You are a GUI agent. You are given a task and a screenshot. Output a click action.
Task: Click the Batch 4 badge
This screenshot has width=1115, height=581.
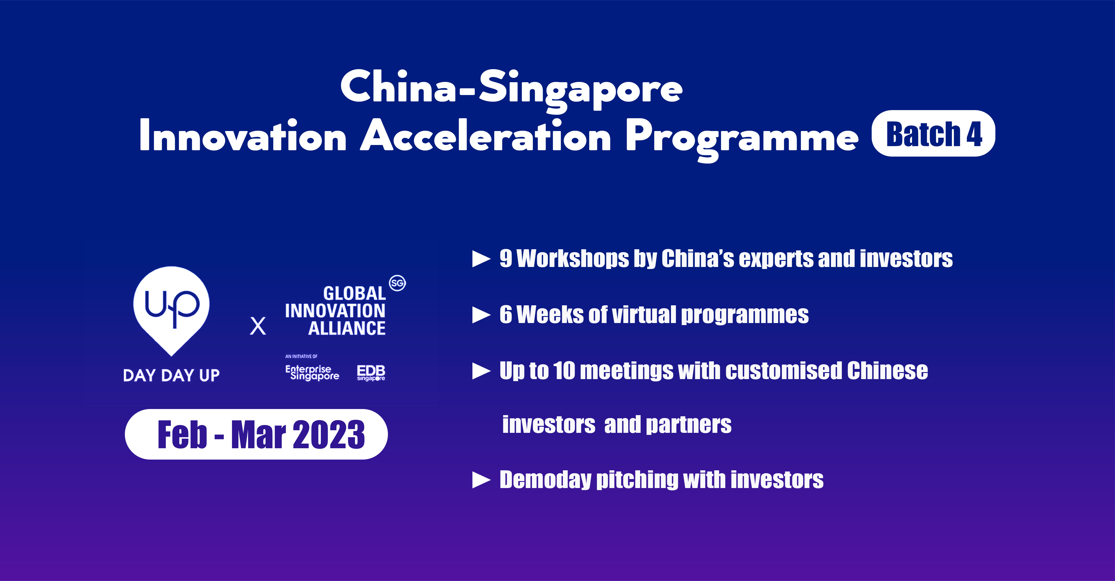(x=933, y=133)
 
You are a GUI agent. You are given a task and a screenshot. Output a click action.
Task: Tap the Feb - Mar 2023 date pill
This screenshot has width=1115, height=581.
(x=256, y=434)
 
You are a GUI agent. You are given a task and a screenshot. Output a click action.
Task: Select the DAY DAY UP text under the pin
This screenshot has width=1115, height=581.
(x=171, y=375)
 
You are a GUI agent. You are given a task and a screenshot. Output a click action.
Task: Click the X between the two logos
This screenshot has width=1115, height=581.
(x=258, y=326)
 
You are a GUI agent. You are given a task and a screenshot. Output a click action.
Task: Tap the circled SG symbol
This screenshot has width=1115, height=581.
(x=397, y=283)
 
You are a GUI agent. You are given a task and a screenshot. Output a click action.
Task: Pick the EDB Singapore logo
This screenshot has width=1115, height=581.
(x=371, y=373)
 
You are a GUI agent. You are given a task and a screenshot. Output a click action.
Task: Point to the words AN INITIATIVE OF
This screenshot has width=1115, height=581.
(x=301, y=356)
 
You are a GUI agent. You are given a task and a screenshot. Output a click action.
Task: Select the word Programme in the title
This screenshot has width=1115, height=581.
(x=742, y=138)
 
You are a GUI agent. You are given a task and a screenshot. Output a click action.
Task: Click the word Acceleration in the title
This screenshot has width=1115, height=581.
(x=486, y=136)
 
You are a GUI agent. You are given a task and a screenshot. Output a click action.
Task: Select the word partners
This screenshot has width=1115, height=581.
(x=688, y=425)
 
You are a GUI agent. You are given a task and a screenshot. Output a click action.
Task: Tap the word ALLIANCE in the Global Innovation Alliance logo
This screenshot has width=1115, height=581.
(x=347, y=328)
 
